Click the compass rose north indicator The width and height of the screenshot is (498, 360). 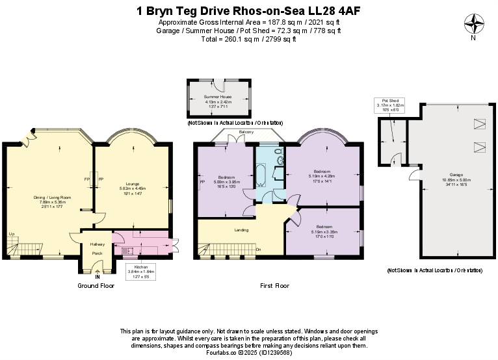[473, 24]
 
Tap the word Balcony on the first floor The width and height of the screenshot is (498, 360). [246, 132]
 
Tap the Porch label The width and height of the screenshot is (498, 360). [97, 253]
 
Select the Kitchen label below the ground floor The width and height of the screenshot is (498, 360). [141, 266]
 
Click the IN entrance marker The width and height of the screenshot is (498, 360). [98, 276]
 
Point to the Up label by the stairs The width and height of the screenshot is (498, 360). [11, 234]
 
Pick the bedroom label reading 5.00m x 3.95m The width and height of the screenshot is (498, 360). [228, 177]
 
